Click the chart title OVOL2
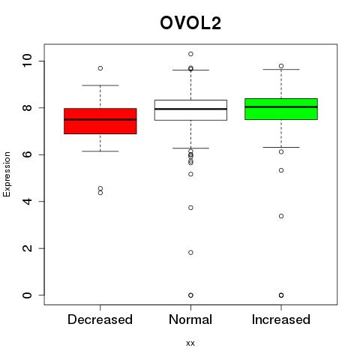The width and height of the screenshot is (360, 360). [x=190, y=23]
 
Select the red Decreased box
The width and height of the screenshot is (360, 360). [x=100, y=121]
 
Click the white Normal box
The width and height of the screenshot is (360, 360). [x=190, y=110]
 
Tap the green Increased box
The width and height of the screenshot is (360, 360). [x=281, y=109]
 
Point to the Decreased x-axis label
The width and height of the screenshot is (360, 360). [x=100, y=319]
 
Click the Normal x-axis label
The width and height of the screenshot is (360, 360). [x=190, y=319]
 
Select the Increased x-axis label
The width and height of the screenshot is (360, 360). [x=281, y=319]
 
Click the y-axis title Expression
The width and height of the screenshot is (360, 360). [x=7, y=174]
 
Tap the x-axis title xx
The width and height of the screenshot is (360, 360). [x=190, y=343]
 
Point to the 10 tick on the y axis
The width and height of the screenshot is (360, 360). [x=27, y=61]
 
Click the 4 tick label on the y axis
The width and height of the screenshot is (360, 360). [x=27, y=202]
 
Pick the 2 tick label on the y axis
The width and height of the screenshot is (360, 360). [x=27, y=248]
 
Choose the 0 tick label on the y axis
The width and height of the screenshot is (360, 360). [x=27, y=295]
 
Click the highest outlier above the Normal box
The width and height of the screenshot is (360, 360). [x=190, y=54]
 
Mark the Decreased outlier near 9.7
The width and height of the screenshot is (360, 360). [x=100, y=68]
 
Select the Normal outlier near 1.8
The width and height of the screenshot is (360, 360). [x=190, y=253]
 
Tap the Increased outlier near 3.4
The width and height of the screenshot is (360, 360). [x=281, y=216]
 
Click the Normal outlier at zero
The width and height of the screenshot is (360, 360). [x=190, y=295]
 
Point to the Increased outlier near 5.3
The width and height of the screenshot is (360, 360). [x=281, y=170]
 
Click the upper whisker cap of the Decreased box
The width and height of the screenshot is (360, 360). [x=100, y=85]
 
